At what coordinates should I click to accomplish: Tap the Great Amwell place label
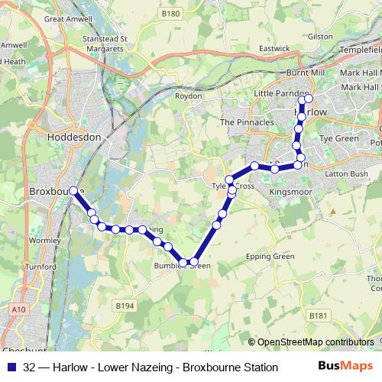[65, 18]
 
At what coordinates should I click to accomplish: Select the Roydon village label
[188, 97]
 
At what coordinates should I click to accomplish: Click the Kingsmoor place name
[291, 192]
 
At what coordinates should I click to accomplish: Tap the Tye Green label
[338, 139]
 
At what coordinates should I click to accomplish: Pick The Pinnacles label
[247, 122]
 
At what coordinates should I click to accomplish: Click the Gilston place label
[320, 37]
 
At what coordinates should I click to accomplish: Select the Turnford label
[40, 267]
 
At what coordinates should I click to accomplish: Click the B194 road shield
[125, 306]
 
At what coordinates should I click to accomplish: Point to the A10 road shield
[18, 309]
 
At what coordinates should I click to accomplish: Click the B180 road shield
[170, 14]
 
